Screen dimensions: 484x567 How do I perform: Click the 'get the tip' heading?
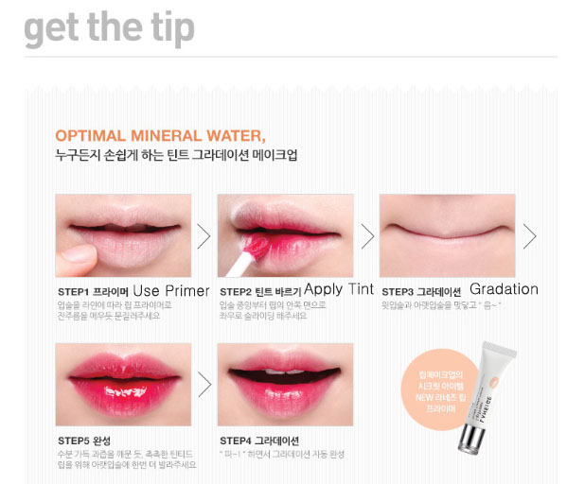click(109, 29)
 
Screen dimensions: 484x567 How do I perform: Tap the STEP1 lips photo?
click(123, 234)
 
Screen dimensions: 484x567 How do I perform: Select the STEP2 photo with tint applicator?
click(285, 234)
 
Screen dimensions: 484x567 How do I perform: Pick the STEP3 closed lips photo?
click(447, 234)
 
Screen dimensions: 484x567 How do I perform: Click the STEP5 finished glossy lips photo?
click(123, 384)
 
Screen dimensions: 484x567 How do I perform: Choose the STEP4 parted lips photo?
click(285, 384)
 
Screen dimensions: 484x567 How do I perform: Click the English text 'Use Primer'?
click(170, 290)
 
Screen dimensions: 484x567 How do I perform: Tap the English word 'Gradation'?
click(504, 289)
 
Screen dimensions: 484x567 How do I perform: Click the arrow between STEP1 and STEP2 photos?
click(204, 235)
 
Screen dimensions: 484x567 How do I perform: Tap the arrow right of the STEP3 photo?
click(529, 235)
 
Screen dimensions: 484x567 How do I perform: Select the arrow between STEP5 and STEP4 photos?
click(204, 384)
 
